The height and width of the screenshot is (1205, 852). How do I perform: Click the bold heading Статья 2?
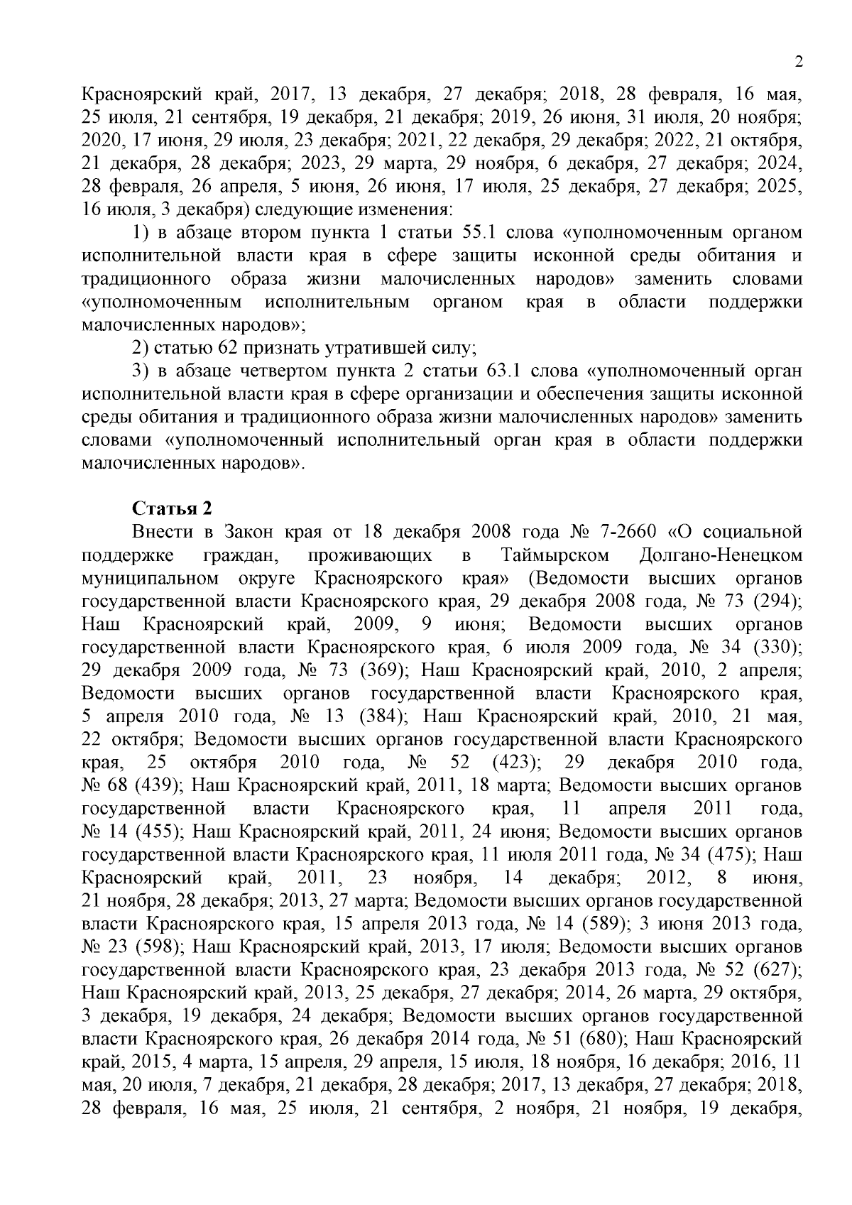[172, 508]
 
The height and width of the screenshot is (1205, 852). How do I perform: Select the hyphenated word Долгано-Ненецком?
[721, 555]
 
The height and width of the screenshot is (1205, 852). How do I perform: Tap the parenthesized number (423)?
[518, 763]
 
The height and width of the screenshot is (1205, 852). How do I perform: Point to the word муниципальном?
[149, 578]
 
